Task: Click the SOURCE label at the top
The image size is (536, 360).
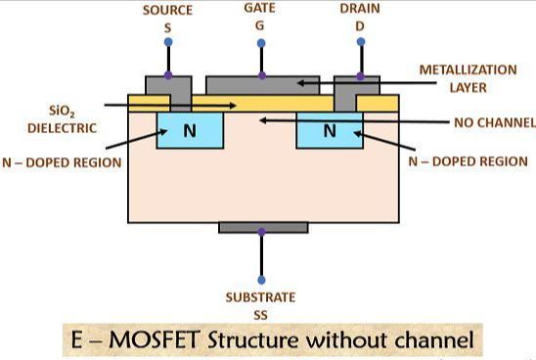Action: tap(167, 10)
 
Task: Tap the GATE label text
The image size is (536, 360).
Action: tap(260, 8)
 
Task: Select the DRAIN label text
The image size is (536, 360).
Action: tap(360, 9)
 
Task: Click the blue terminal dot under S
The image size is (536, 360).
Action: tap(168, 42)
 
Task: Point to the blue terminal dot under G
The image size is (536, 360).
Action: tap(261, 43)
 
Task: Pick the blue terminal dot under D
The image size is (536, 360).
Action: tap(361, 42)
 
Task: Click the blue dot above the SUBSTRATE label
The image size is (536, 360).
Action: tap(261, 281)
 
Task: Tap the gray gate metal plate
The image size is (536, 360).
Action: tap(263, 85)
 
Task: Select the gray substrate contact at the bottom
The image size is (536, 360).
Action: tap(263, 228)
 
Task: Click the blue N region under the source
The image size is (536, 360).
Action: tap(190, 130)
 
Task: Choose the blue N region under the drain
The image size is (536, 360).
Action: tap(330, 130)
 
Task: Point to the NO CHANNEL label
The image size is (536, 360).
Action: tap(495, 122)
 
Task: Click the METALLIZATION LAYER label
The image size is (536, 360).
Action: tap(468, 78)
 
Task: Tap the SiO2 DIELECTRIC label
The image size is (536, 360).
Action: tap(62, 119)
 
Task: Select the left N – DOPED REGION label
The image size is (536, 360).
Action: tap(62, 162)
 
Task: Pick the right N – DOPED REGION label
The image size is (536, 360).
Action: tap(469, 161)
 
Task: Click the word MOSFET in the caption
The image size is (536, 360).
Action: tap(155, 340)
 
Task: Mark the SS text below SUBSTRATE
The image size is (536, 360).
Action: tap(260, 315)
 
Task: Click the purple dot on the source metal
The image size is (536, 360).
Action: tap(168, 75)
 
